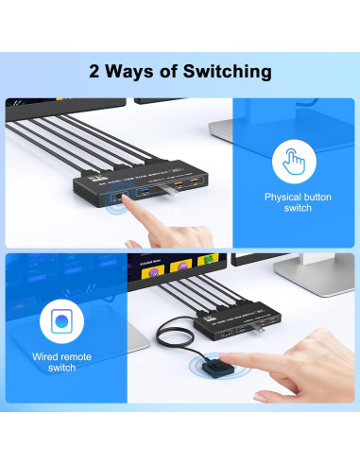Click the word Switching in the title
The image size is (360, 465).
tap(224, 72)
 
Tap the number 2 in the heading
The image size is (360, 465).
tap(94, 71)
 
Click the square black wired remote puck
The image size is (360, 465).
tap(216, 368)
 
